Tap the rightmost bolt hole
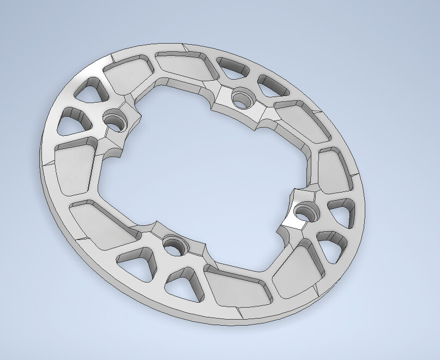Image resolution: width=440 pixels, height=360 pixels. click(303, 209)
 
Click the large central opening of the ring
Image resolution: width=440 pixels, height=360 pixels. click(207, 169)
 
